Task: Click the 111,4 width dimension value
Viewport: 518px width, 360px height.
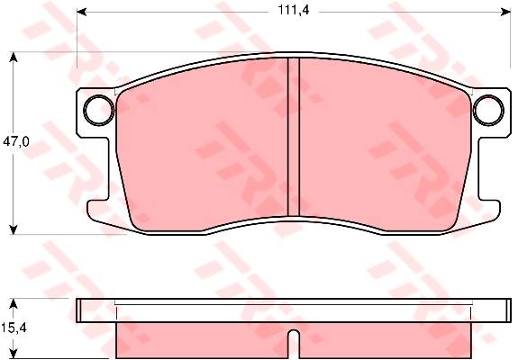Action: coord(294,10)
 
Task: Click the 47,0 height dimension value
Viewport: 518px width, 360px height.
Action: coord(16,141)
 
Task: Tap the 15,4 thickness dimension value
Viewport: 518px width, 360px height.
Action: coord(14,328)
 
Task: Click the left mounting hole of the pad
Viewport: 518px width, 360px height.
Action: coord(99,110)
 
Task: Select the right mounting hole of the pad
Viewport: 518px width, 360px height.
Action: coord(488,110)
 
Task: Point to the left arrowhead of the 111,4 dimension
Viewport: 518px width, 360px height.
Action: coord(82,13)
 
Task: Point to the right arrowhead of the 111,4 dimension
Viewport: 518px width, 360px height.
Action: coord(505,13)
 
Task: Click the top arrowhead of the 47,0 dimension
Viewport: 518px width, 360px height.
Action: coord(13,58)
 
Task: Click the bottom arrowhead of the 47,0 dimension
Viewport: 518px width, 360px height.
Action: coord(13,229)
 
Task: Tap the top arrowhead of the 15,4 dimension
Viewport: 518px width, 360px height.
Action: coord(13,304)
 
